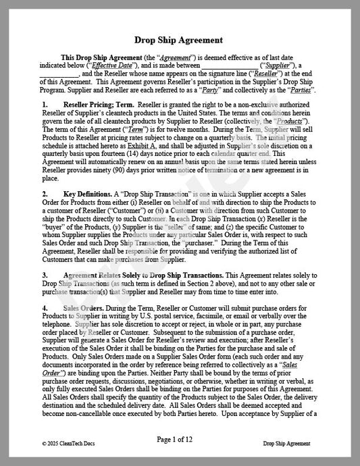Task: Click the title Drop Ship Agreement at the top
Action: [179, 40]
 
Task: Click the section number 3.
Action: [45, 276]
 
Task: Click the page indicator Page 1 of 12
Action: [179, 440]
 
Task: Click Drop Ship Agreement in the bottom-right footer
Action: [287, 444]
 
